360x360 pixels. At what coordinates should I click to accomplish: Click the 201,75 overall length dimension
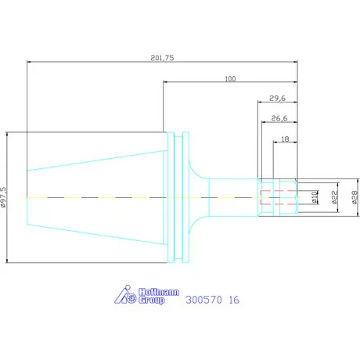[162, 58]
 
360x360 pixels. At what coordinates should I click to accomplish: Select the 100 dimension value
[230, 79]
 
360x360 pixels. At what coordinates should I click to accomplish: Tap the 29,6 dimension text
[277, 99]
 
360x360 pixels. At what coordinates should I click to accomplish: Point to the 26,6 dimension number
[279, 118]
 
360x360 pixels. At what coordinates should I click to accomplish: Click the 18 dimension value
[285, 139]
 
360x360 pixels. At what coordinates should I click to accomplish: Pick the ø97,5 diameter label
[3, 197]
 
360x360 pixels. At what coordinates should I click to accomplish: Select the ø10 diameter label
[315, 197]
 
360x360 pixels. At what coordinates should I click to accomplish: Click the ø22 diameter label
[334, 197]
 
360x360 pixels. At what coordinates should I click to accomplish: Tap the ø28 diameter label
[355, 197]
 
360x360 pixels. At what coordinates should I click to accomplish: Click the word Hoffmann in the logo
[159, 292]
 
